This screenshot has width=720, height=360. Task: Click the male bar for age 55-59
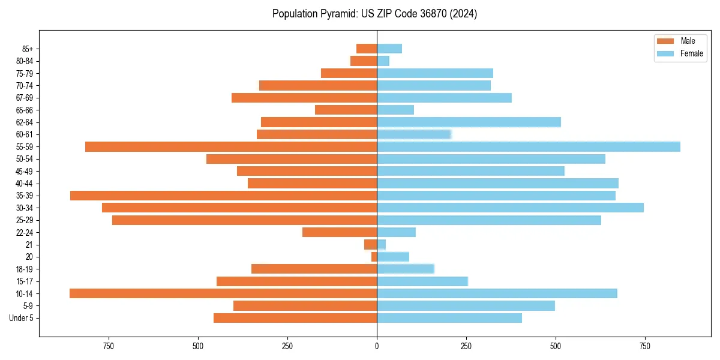pos(231,146)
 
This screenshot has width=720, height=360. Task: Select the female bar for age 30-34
pos(510,208)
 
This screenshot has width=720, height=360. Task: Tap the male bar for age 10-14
pos(223,293)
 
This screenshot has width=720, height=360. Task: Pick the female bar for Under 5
pos(449,318)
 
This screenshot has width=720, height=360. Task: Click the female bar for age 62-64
pos(469,122)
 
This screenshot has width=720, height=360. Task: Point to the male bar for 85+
pos(367,49)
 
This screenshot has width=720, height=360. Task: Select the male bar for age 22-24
pos(340,232)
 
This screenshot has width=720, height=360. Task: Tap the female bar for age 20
pos(393,257)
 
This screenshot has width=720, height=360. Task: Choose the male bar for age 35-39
pos(223,196)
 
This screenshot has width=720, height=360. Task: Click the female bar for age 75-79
pos(435,73)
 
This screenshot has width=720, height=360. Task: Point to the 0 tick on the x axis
pos(377,346)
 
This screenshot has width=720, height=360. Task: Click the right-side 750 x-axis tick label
pos(645,346)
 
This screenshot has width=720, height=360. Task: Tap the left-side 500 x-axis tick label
pos(198,346)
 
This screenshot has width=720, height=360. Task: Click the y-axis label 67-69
pos(23,98)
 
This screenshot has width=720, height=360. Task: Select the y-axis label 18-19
pos(23,269)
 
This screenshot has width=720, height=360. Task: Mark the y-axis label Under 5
pos(21,318)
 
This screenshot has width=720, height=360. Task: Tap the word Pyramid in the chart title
pos(338,14)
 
